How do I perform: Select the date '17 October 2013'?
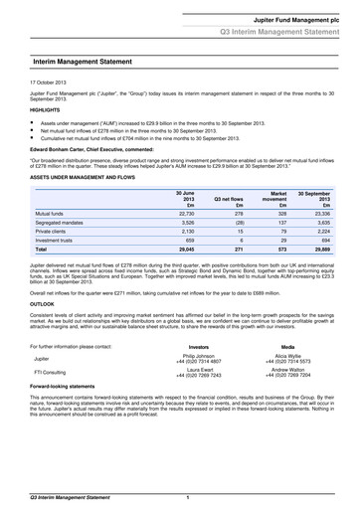(49, 80)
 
